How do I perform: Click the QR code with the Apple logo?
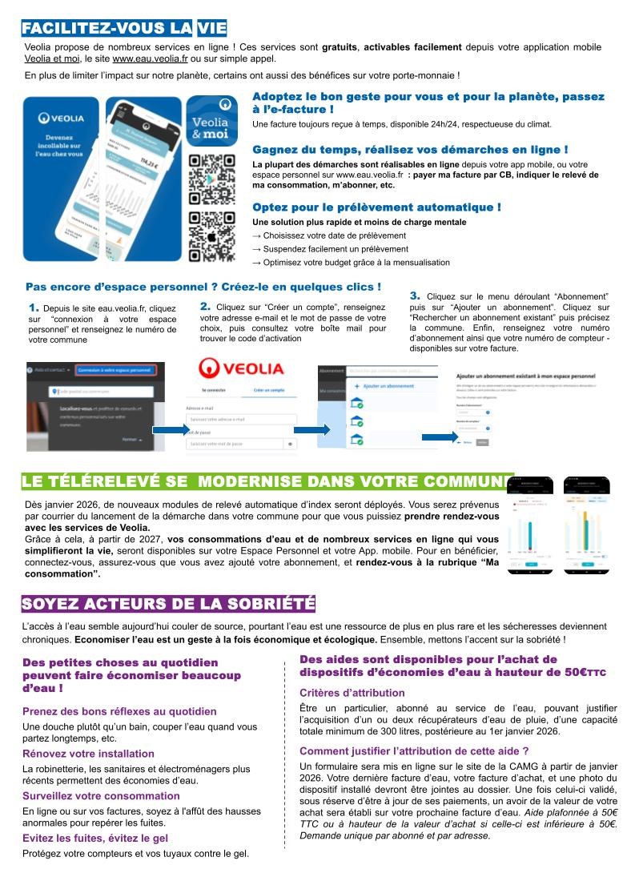(211, 237)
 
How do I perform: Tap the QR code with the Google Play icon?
(211, 179)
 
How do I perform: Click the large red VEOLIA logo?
(241, 368)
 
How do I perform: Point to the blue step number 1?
(34, 307)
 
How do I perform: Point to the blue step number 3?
(415, 296)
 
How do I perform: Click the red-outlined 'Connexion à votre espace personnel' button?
(115, 370)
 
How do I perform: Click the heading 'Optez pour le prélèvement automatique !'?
(376, 207)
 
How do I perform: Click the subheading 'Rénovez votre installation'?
(88, 753)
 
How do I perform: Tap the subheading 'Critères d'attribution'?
(352, 693)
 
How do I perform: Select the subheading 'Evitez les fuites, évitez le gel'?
(101, 838)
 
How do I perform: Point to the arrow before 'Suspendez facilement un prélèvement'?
(256, 249)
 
